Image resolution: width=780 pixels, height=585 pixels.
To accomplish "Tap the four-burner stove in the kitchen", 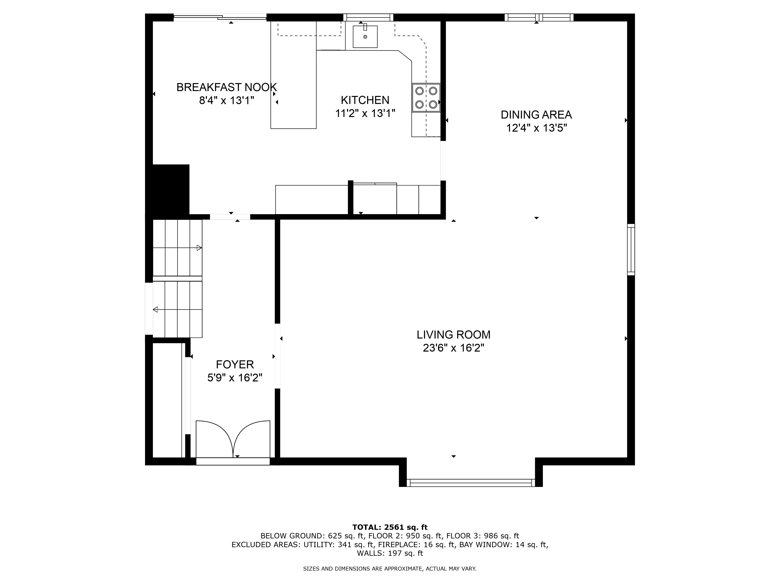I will point(426,98).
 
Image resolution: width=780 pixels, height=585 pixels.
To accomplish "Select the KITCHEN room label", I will point(365,100).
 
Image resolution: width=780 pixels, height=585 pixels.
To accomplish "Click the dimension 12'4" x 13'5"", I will point(536,128).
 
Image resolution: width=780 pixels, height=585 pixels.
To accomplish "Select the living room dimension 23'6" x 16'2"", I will point(453,348).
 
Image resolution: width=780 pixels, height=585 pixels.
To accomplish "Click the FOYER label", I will point(235,364).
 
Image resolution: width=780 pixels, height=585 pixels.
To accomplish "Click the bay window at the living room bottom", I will point(471,483).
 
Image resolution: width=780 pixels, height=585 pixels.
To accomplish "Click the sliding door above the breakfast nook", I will point(220,17).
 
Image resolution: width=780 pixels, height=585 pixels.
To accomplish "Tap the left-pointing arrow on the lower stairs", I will point(155,310).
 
